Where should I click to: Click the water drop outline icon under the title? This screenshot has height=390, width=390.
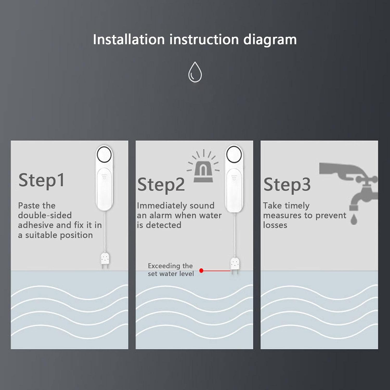coord(195,72)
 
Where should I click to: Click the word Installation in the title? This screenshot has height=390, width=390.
coord(129,40)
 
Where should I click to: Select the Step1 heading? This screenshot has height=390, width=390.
coord(42,180)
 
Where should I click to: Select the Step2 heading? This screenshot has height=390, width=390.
coord(161,185)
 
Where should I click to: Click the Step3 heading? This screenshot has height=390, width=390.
coord(287,185)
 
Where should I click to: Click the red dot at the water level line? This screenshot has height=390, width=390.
coord(201,271)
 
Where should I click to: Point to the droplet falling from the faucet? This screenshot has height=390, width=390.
coord(354,219)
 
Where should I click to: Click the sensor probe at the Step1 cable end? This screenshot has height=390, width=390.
coord(105,260)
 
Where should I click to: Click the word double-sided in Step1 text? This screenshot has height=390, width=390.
coord(45,215)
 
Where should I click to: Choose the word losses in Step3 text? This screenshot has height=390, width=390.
coord(275,225)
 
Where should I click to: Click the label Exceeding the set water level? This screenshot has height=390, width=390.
coord(171,270)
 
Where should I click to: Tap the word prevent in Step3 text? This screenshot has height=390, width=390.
coord(331,216)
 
